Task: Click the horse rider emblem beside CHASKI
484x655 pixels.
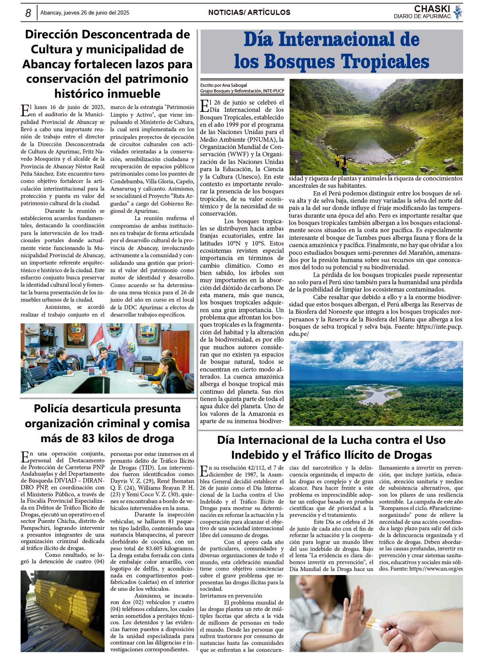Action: tap(458, 12)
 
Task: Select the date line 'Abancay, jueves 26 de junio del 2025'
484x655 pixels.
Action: tap(85, 13)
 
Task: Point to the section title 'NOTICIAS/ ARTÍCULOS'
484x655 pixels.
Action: tap(249, 13)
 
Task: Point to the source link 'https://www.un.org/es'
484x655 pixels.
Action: tap(436, 569)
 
